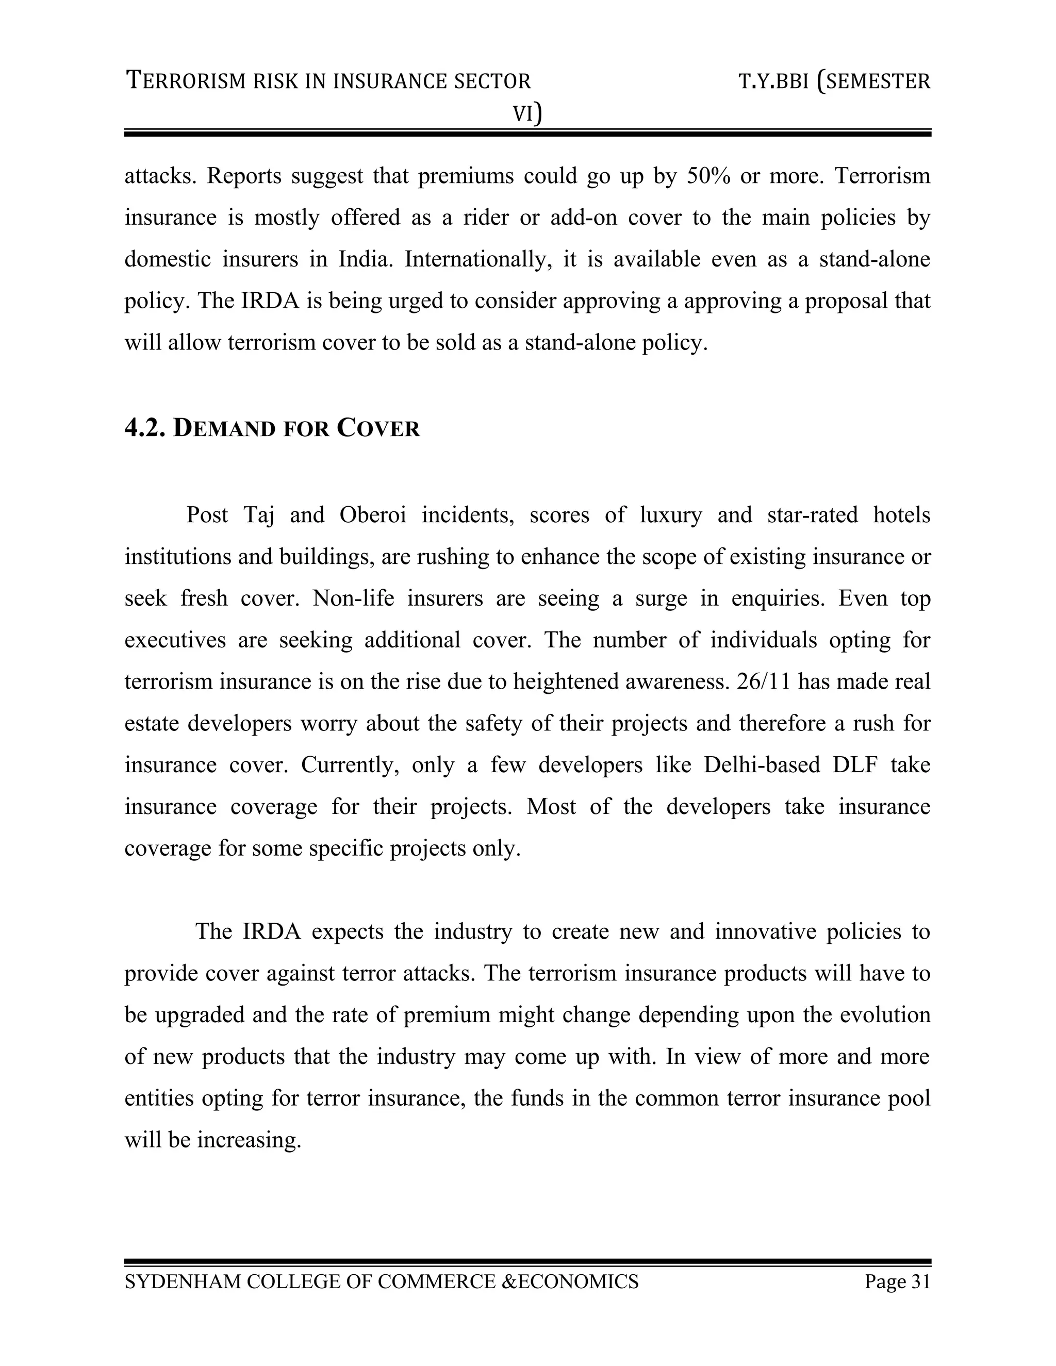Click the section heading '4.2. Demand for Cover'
coord(272,428)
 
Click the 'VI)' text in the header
coord(527,114)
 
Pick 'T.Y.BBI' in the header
coord(774,81)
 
